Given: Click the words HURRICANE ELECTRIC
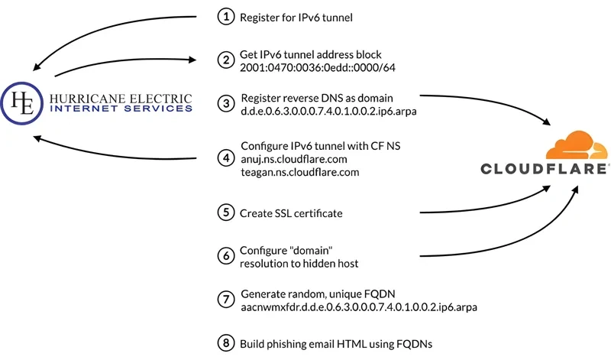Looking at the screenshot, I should click(120, 98).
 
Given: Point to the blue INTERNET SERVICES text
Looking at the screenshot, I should click(120, 109).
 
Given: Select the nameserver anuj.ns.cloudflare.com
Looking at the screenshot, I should click(294, 158).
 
